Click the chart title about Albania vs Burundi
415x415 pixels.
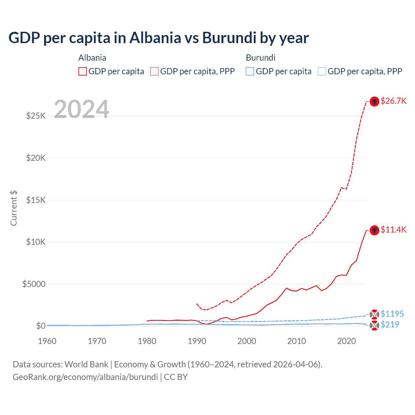pyautogui.click(x=159, y=38)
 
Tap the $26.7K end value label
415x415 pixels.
pyautogui.click(x=393, y=101)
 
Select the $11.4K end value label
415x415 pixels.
pyautogui.click(x=393, y=230)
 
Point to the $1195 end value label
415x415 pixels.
pyautogui.click(x=392, y=314)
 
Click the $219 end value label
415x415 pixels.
pyautogui.click(x=390, y=325)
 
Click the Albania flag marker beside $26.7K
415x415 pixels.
pyautogui.click(x=374, y=101)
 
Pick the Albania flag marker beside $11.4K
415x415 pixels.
pyautogui.click(x=374, y=230)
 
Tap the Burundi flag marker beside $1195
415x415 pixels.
pyautogui.click(x=374, y=314)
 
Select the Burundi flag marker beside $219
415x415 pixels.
pyautogui.click(x=374, y=326)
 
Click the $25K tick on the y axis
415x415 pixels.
pyautogui.click(x=36, y=116)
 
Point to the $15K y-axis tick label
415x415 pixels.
pyautogui.click(x=36, y=200)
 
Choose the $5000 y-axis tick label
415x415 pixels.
pyautogui.click(x=34, y=284)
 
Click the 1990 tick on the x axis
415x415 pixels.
pyautogui.click(x=197, y=341)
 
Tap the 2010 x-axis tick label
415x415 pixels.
pyautogui.click(x=297, y=341)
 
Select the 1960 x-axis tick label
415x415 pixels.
pyautogui.click(x=47, y=341)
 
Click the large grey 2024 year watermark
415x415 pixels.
pyautogui.click(x=81, y=109)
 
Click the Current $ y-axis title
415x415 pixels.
pyautogui.click(x=14, y=208)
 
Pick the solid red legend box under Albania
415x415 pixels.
pyautogui.click(x=83, y=71)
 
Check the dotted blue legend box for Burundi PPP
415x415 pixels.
pyautogui.click(x=322, y=71)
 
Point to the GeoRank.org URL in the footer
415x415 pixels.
pyautogui.click(x=85, y=377)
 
